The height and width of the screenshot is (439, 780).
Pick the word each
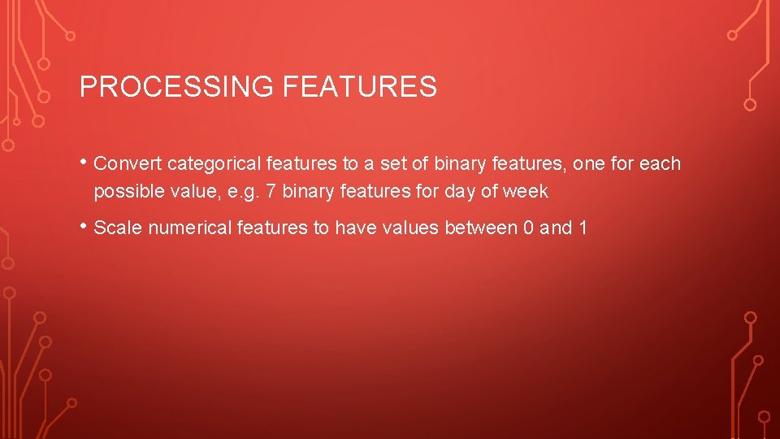[x=660, y=164]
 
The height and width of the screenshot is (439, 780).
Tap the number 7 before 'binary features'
[x=271, y=192]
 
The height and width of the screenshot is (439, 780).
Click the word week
[x=526, y=192]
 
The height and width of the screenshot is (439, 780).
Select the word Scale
[x=117, y=228]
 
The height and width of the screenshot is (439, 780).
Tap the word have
[x=355, y=228]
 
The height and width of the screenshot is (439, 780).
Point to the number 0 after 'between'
[x=529, y=228]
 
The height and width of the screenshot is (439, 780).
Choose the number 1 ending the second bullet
[x=583, y=228]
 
